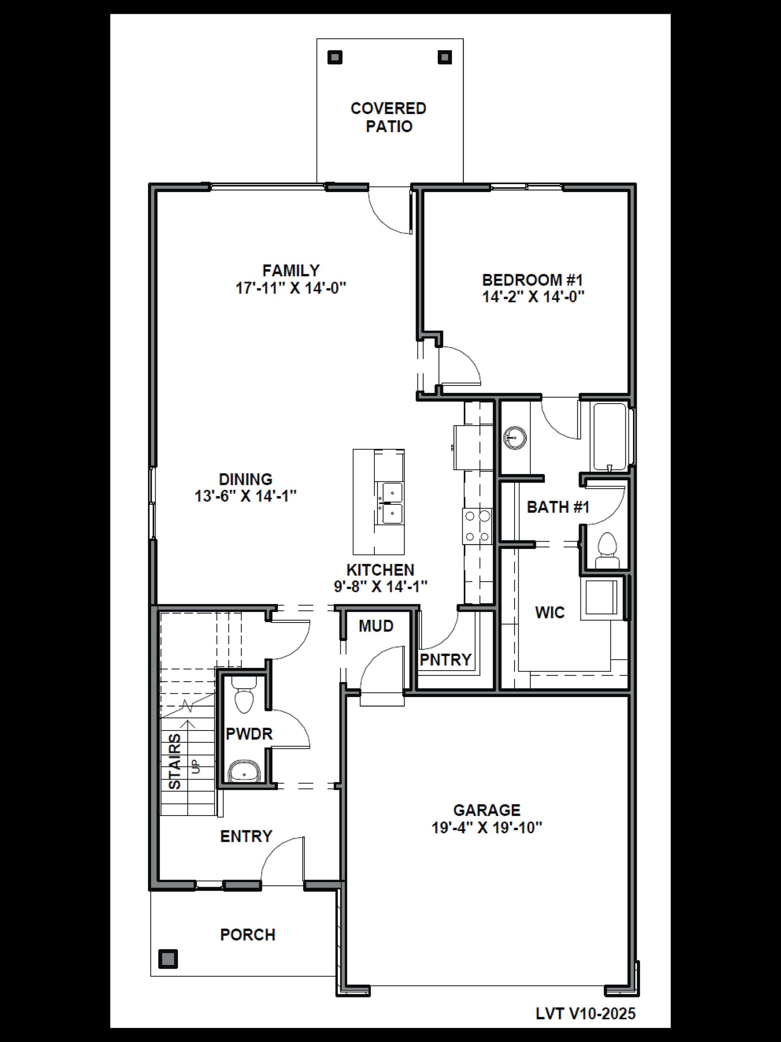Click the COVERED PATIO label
[x=388, y=117]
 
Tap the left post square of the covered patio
[x=335, y=57]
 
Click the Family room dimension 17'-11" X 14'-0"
[x=291, y=288]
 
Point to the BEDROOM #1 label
[x=532, y=280]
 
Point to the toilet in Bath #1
[x=607, y=550]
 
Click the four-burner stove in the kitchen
[x=477, y=526]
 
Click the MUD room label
[x=376, y=626]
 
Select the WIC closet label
[x=549, y=612]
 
